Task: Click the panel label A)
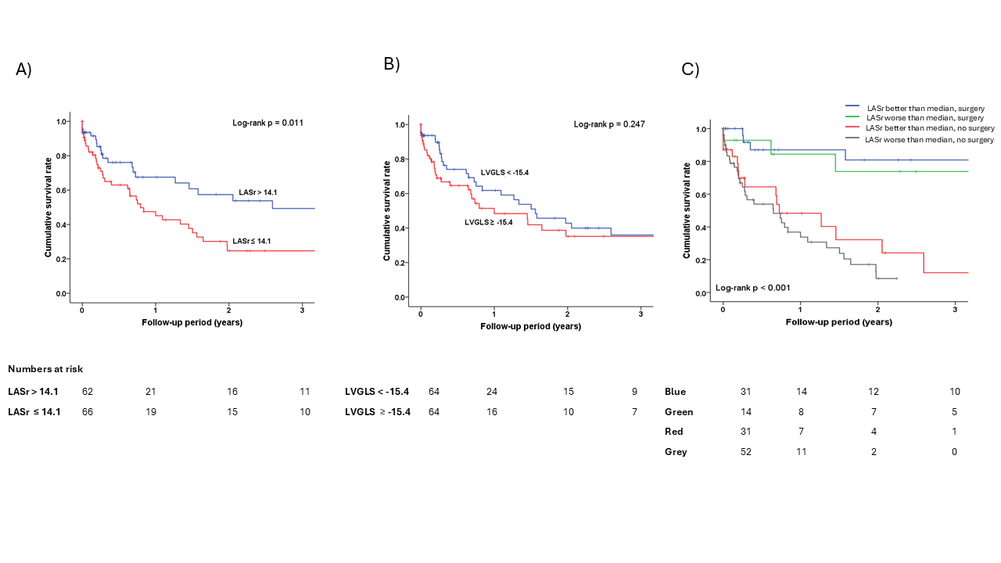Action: coord(24,70)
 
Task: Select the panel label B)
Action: coord(392,64)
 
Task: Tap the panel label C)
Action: coord(691,70)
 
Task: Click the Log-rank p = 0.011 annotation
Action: coord(267,123)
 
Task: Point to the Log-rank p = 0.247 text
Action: coord(609,124)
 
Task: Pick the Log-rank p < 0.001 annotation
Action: coord(752,288)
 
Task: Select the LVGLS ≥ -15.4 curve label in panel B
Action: coord(489,223)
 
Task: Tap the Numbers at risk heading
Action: coord(45,369)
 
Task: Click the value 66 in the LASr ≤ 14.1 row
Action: coord(88,412)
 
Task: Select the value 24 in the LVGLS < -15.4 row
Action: coord(491,392)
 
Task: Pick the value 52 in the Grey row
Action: coord(747,452)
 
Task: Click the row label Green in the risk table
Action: coord(679,412)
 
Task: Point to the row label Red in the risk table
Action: coord(675,432)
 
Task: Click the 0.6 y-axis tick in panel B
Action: coord(401,194)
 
